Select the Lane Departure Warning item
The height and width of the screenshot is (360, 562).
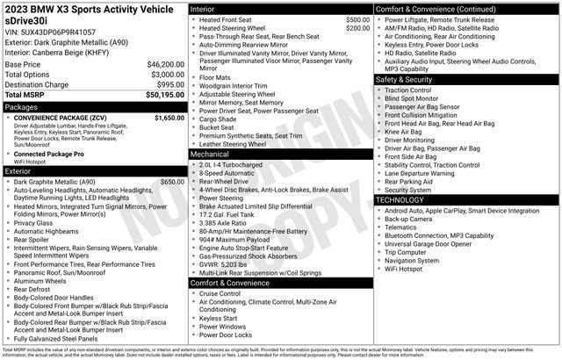pos(425,172)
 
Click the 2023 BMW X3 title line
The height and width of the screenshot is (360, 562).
pos(88,9)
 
